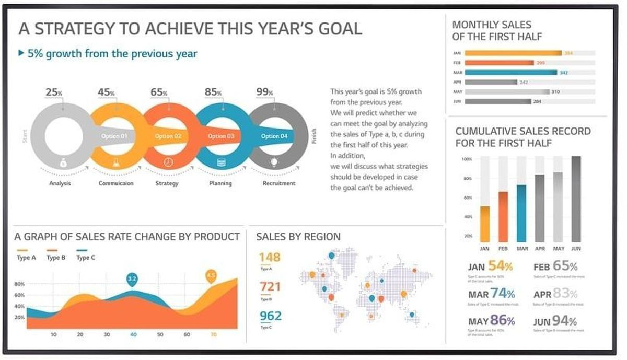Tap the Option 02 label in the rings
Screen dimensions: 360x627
[168, 136]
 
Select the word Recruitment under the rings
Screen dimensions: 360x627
[278, 183]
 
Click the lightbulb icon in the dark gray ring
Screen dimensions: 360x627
[272, 162]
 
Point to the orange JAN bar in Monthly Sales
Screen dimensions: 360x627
[513, 53]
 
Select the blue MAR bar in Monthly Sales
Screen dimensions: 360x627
[510, 72]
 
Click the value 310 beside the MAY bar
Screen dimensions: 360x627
[555, 92]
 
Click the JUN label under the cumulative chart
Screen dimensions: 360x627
[576, 249]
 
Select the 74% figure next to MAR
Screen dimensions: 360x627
[503, 293]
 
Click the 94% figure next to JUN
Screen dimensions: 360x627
[565, 321]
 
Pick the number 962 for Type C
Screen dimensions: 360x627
[270, 316]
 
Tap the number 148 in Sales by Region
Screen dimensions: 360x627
[270, 257]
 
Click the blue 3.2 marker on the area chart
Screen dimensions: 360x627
[132, 279]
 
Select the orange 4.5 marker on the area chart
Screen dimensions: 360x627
[211, 275]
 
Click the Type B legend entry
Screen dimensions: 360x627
[53, 258]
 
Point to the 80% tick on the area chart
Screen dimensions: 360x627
[20, 285]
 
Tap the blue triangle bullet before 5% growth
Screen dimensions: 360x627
[21, 53]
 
